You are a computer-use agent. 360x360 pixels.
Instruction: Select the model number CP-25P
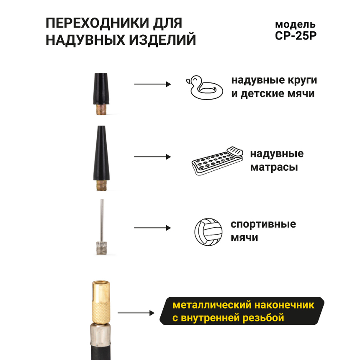pos(296,35)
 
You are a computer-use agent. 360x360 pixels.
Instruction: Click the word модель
pos(295,24)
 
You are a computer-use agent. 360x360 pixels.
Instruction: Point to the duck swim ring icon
pos(204,88)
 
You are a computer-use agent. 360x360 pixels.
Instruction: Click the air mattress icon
pos(217,161)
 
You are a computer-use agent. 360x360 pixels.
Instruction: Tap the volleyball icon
pos(208,232)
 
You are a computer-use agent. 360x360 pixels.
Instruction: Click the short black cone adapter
pos(101,89)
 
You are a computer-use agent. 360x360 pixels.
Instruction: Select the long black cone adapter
pos(101,153)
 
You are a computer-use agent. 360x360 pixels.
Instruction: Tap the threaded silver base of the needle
pos(102,248)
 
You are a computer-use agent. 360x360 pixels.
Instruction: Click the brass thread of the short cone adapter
pos(101,110)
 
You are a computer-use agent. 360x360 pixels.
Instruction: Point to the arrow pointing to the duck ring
pos(152,84)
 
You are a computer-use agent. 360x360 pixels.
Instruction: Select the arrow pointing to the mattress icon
pos(152,157)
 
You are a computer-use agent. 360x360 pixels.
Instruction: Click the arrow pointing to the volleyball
pos(152,228)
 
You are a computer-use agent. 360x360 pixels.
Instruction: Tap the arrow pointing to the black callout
pos(136,313)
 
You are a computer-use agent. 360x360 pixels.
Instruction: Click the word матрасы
pos(274,167)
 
